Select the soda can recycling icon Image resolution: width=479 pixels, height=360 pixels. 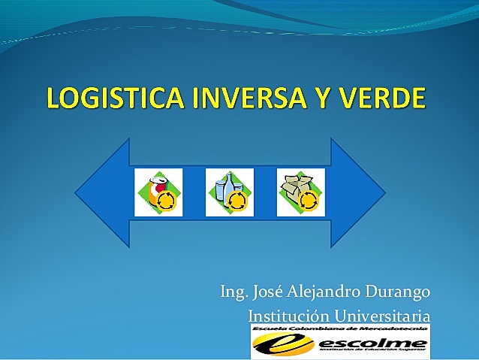158,192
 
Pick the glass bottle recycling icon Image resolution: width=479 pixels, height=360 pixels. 229,192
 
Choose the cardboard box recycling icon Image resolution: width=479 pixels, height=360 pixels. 300,192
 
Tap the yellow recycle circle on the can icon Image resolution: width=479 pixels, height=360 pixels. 167,201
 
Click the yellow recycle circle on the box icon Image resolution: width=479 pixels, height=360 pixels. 309,201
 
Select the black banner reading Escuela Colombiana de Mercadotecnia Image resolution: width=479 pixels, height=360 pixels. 339,329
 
